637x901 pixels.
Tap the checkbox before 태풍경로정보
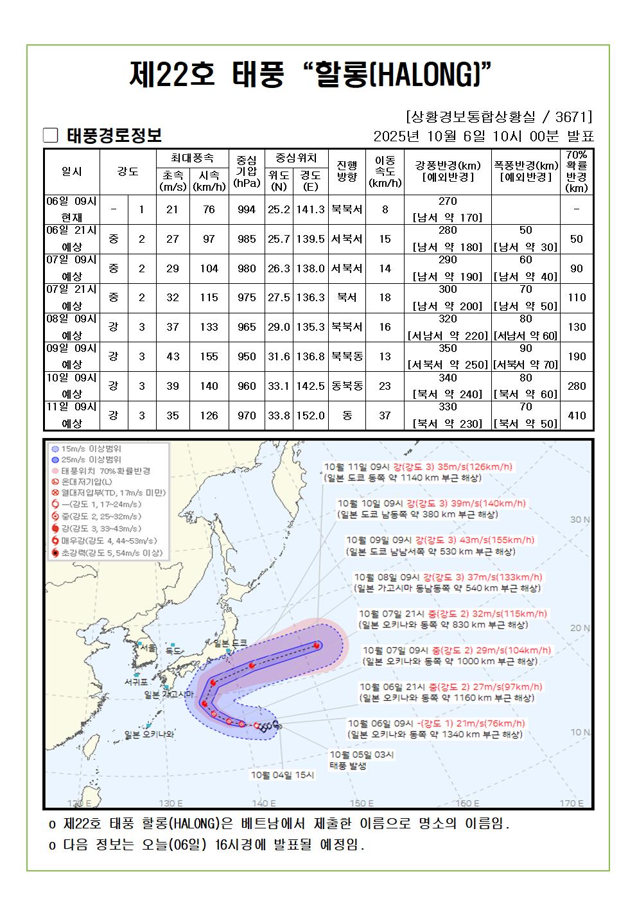tap(51, 136)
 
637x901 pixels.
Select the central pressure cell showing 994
tap(247, 209)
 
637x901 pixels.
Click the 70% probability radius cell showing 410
tap(577, 416)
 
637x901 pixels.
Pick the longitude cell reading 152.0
tap(310, 416)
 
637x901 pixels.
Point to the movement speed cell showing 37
tap(385, 416)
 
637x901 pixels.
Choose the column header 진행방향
tap(347, 170)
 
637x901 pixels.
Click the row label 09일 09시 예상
tap(72, 356)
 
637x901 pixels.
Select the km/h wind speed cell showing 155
tap(209, 356)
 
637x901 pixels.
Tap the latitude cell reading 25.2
tap(279, 209)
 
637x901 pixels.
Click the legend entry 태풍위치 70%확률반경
tap(106, 471)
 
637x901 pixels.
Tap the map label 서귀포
tap(136, 681)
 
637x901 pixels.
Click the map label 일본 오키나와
tap(150, 734)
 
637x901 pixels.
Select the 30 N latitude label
tap(580, 520)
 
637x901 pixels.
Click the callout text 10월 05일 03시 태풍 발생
tap(361, 760)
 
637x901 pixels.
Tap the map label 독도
tap(173, 651)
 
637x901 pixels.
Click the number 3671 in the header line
tap(572, 117)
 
